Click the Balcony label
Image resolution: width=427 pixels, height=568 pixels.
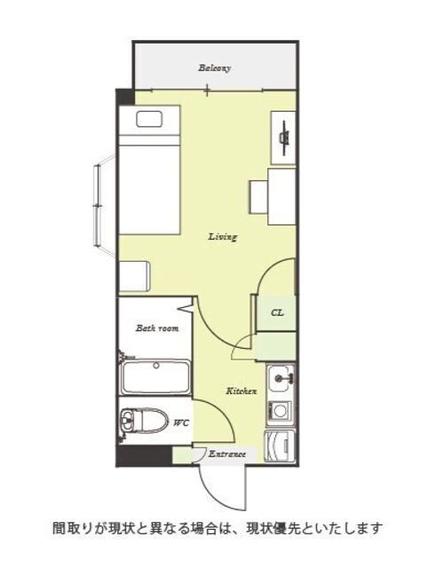tap(214, 67)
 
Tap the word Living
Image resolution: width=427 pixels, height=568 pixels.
tap(223, 237)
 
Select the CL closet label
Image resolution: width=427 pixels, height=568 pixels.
tap(277, 312)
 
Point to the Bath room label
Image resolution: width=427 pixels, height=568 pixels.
tap(157, 328)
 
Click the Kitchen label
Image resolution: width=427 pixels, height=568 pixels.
tap(241, 391)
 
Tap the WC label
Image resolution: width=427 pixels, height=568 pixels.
tap(181, 422)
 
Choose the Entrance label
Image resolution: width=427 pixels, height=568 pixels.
tap(227, 454)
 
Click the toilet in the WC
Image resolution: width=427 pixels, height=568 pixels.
tap(144, 420)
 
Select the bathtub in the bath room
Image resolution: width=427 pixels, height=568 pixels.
tap(155, 377)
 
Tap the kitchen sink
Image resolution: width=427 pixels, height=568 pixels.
tap(280, 379)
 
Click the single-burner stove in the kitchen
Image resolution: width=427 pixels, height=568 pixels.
tap(280, 412)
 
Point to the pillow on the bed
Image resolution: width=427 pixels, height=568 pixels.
tap(149, 119)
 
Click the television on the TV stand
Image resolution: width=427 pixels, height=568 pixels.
tap(285, 138)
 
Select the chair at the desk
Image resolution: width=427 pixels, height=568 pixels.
tap(259, 197)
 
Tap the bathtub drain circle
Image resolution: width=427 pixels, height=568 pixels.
tap(156, 366)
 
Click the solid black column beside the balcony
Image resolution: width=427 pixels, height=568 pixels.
tap(124, 97)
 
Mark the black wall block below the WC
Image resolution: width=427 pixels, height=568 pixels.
tap(144, 455)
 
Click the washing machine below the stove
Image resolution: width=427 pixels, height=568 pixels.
tap(280, 446)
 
